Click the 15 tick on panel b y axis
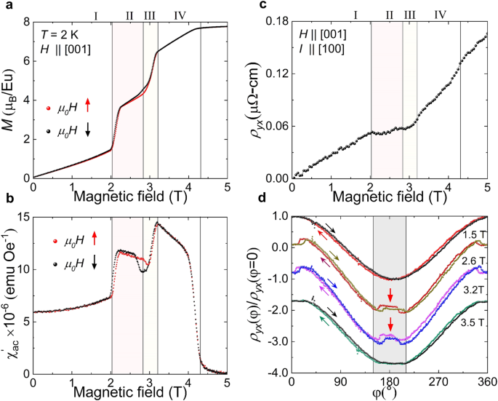tap(22, 217)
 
